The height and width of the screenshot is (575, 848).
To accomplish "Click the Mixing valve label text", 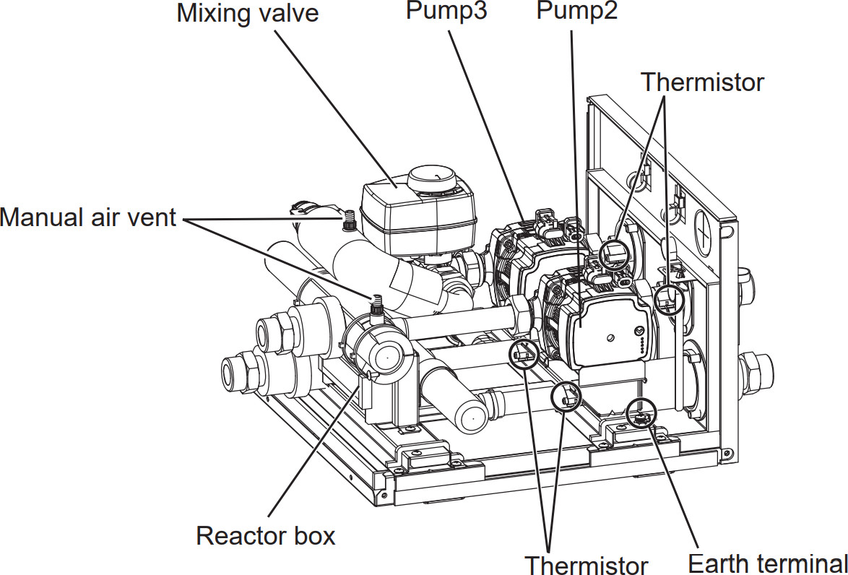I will point(248,14).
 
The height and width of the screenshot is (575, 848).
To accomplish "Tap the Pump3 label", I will point(441,11).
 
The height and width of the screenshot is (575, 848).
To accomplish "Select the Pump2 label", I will point(577,11).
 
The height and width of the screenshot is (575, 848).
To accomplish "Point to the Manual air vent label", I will point(88,217).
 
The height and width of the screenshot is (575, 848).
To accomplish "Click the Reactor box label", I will point(266,536).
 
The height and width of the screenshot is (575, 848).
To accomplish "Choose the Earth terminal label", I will point(767,563).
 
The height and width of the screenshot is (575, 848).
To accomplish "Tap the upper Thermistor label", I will point(702,82).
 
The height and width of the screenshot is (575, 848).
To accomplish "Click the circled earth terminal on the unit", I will point(640,412).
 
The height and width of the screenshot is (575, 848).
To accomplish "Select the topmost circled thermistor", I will point(613,254).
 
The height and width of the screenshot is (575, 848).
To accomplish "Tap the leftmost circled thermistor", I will point(524,354).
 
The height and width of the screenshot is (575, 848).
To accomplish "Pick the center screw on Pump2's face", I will point(610,337).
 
